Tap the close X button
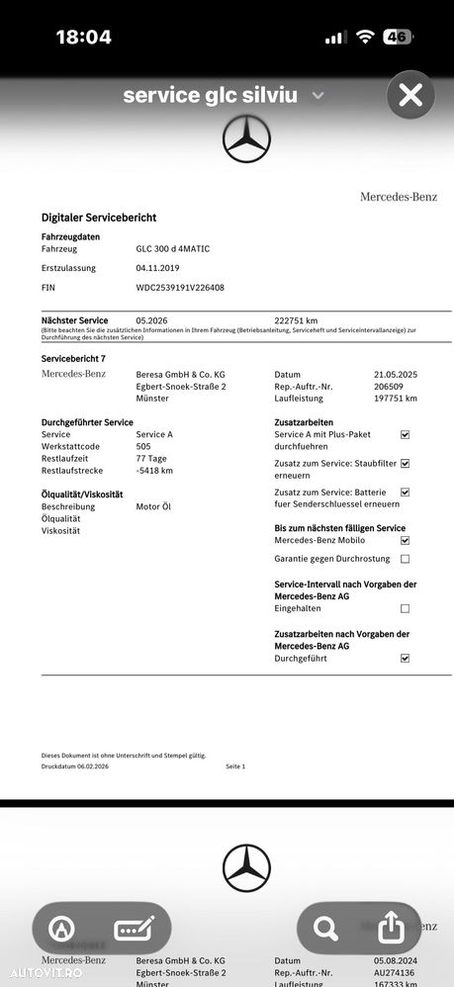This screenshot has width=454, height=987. (410, 95)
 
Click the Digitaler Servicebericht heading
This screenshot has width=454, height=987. (99, 218)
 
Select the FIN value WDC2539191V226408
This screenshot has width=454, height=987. (180, 288)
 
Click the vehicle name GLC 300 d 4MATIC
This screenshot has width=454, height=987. (173, 249)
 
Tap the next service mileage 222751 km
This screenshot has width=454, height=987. (296, 320)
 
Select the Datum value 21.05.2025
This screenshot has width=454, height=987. (396, 375)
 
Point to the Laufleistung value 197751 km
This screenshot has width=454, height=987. (396, 399)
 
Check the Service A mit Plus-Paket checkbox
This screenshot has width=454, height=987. (405, 434)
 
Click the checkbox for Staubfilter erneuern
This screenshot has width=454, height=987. (405, 463)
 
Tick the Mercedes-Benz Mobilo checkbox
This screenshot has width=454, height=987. (405, 541)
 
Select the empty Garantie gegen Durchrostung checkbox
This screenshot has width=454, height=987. (405, 559)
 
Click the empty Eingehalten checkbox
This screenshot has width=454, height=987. (405, 608)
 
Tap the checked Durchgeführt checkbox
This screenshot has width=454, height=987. (405, 658)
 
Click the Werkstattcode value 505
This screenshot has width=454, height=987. (143, 446)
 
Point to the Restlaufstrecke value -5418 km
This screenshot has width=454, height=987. (154, 470)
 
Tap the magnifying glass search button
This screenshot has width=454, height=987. (324, 928)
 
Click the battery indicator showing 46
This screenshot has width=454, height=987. (398, 37)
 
